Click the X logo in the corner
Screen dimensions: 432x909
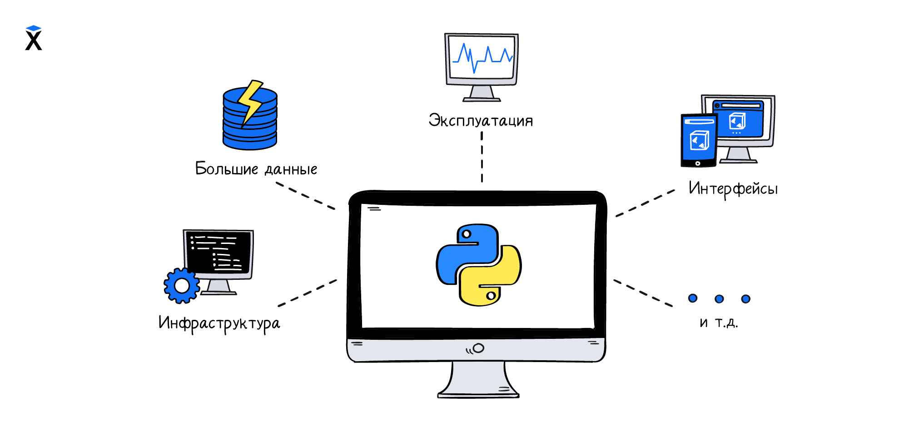[34, 38]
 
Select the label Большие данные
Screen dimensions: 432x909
[256, 169]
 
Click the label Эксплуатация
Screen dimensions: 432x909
[481, 121]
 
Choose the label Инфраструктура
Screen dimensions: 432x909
[219, 323]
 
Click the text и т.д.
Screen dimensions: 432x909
[719, 323]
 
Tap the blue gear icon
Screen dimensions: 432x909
[182, 286]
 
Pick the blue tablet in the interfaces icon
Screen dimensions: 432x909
[699, 140]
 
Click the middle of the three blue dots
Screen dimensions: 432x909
[719, 299]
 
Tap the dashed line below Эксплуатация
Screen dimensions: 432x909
[482, 157]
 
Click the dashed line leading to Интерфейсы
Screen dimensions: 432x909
[645, 203]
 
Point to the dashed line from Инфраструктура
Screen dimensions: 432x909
[307, 293]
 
